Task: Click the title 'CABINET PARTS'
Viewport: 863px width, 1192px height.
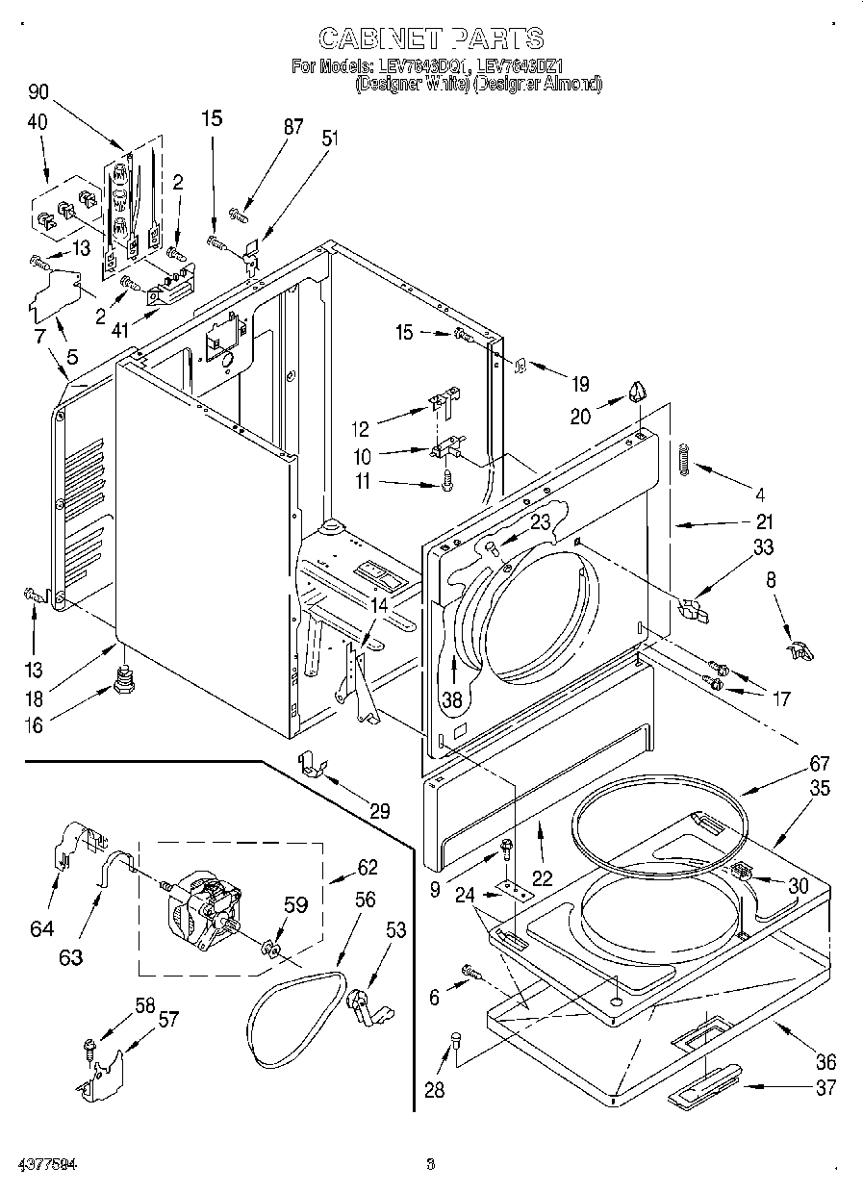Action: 430,38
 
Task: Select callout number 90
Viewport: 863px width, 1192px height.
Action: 39,92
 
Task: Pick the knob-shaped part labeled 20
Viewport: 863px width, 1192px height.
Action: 636,391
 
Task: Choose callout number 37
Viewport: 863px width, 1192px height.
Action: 825,1088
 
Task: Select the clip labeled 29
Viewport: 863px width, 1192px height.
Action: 310,766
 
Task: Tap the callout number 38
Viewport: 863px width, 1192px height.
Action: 451,699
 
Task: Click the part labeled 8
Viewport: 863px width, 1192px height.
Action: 799,651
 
